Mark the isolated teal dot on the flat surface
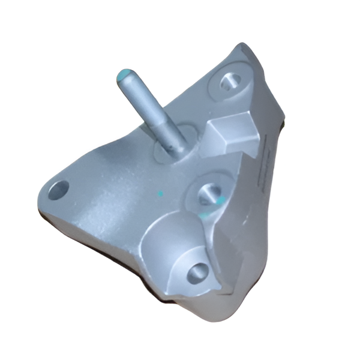tap(160, 194)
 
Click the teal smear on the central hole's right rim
tap(221, 199)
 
